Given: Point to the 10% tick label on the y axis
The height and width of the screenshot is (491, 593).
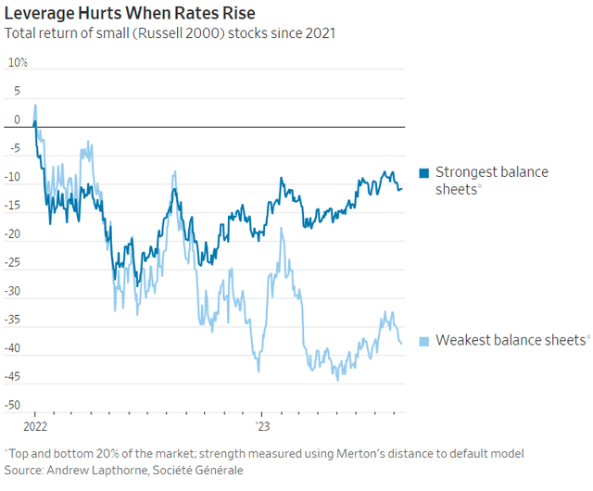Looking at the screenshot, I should click(x=19, y=62).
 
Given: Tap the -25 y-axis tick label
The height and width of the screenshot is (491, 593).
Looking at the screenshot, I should click(x=13, y=263).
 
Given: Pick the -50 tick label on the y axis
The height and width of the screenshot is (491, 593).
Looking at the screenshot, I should click(x=13, y=406).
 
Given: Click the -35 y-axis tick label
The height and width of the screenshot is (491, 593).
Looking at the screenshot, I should click(x=13, y=321).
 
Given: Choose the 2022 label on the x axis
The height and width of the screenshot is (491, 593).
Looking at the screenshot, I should click(x=35, y=427).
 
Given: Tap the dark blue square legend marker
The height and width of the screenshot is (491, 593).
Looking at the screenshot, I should click(x=424, y=172).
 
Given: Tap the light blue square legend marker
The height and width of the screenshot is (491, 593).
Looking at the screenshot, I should click(x=424, y=340).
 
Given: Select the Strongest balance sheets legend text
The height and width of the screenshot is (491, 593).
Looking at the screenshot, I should click(x=491, y=180).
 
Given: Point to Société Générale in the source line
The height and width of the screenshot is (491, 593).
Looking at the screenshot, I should click(x=198, y=470).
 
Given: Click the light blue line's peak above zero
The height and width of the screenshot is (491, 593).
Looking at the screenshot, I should click(x=35, y=105).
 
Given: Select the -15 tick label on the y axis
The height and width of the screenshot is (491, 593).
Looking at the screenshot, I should click(x=13, y=206).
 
